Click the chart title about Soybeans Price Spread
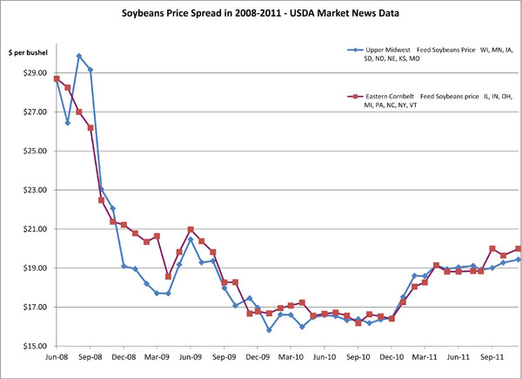260,16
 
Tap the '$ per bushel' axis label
27,55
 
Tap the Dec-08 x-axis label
124,357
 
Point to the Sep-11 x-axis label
492,357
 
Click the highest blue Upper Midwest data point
79,56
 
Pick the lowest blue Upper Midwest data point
269,330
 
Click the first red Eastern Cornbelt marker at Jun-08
57,79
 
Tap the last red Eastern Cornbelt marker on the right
519,248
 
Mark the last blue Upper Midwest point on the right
519,260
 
